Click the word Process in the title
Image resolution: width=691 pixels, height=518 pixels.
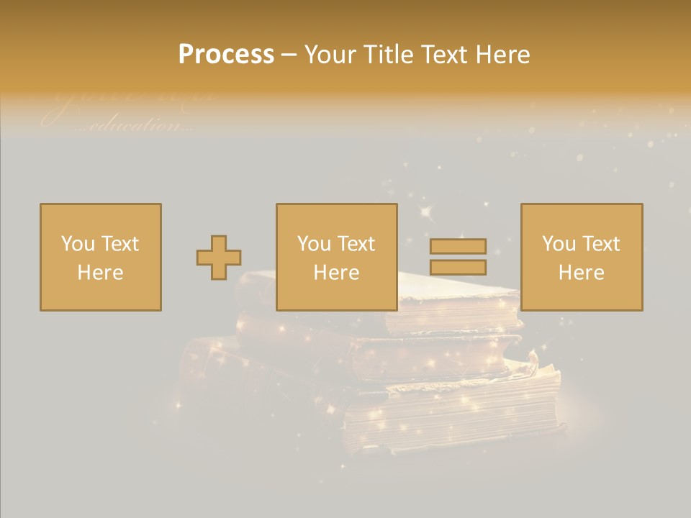pos(226,55)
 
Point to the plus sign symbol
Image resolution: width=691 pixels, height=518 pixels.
pos(219,258)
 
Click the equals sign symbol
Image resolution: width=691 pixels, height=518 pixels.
pos(458,257)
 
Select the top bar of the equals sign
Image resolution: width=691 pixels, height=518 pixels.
pos(458,247)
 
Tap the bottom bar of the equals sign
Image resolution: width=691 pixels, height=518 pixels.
pos(458,268)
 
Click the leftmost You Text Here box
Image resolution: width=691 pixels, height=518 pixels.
pos(101,257)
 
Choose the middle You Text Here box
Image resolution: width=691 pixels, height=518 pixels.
pos(337,257)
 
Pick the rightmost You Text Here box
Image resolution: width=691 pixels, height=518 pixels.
pos(582,257)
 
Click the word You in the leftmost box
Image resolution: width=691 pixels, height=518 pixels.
pos(77,244)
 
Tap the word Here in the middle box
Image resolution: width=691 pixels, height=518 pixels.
pos(337,273)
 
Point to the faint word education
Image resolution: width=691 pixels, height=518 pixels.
pos(132,125)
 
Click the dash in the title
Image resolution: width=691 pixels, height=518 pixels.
pos(289,55)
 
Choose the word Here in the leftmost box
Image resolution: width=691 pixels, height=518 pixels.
pos(101,273)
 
